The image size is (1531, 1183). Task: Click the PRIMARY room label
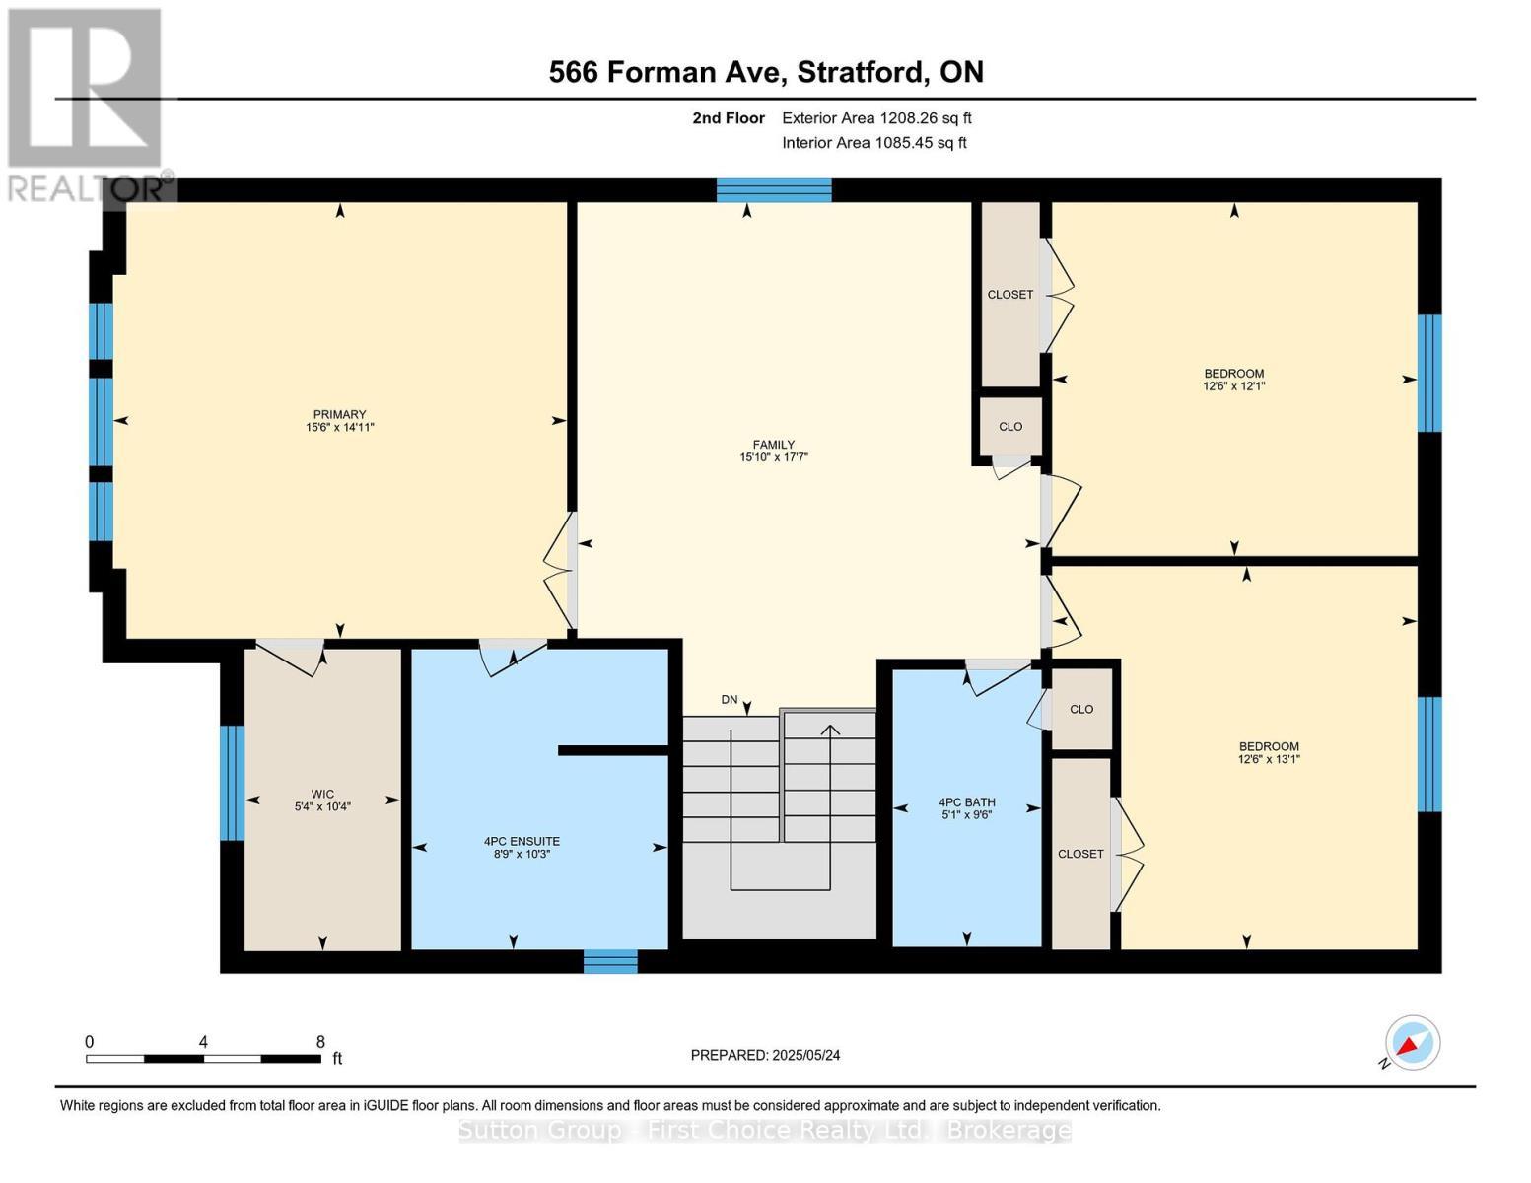(x=339, y=414)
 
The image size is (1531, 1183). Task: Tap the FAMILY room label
(x=773, y=445)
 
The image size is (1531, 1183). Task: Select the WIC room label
(x=322, y=794)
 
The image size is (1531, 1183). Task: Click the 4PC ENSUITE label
(x=522, y=841)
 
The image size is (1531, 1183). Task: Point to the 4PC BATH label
(x=966, y=802)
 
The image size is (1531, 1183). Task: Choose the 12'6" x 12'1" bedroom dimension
(x=1233, y=386)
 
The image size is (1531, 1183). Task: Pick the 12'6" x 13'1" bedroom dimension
(x=1269, y=759)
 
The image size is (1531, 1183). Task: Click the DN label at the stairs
(x=730, y=700)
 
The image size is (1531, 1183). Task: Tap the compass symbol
(x=1412, y=1043)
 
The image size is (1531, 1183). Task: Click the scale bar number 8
(x=320, y=1042)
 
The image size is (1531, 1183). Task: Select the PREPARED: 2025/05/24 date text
(x=765, y=1055)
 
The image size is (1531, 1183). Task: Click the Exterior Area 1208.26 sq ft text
(x=876, y=118)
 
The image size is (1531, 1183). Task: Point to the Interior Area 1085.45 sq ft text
(x=873, y=143)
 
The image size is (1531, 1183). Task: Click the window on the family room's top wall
(x=774, y=189)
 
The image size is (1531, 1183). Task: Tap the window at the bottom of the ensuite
(x=610, y=961)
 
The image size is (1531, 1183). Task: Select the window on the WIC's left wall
(x=232, y=783)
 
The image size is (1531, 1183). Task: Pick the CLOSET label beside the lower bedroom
(x=1080, y=854)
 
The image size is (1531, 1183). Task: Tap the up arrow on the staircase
(x=830, y=731)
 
